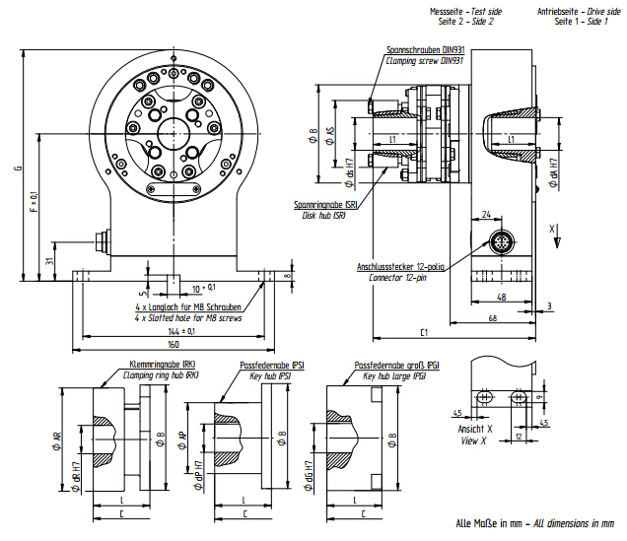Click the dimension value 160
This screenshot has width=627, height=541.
[173, 345]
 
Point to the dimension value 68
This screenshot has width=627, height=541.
[491, 317]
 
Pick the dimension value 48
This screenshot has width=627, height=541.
[502, 296]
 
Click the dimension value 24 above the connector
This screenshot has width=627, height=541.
[487, 213]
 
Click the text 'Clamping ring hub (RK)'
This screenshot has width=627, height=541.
[162, 374]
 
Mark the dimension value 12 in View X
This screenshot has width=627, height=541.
[518, 435]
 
